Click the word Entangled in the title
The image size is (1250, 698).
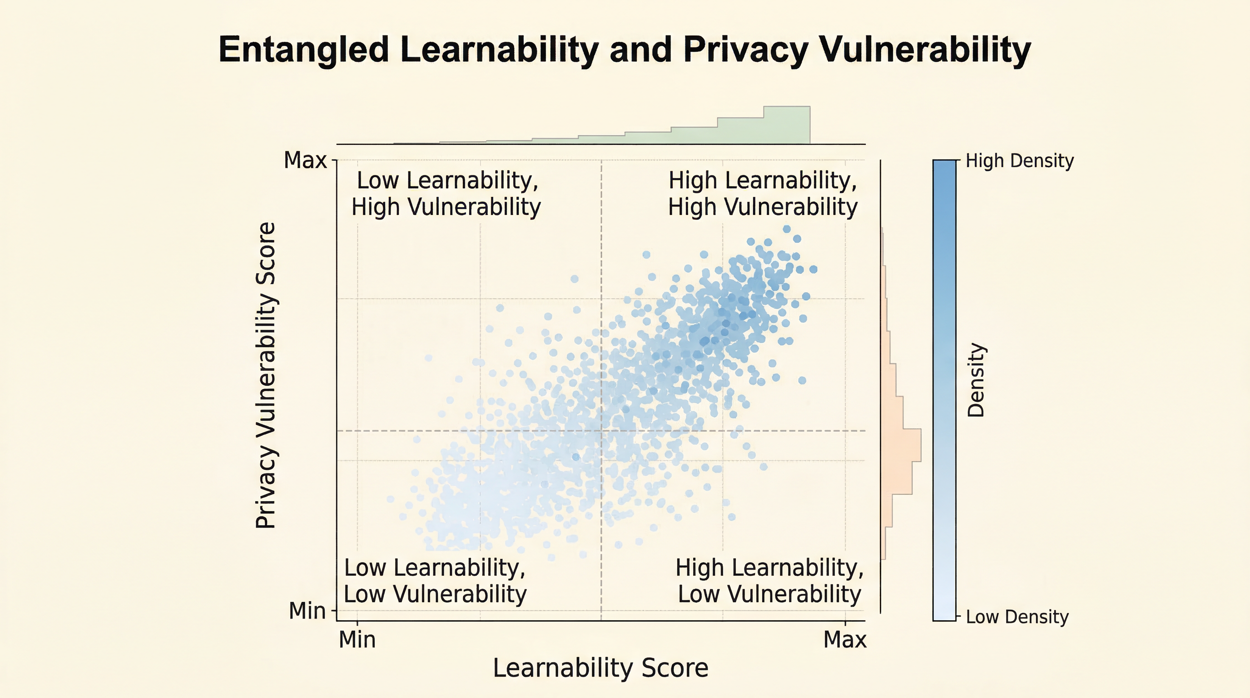[x=304, y=50]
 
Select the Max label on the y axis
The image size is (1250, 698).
[x=305, y=160]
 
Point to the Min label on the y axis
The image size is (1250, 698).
[x=307, y=611]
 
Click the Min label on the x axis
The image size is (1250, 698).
[x=357, y=640]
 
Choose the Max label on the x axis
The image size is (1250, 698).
[x=845, y=640]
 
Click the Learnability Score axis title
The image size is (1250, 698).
[x=601, y=668]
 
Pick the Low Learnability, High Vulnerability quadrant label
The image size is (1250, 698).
[x=446, y=194]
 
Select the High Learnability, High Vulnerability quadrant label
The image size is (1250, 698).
[x=763, y=194]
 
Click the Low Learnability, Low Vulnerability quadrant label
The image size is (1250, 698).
[x=435, y=581]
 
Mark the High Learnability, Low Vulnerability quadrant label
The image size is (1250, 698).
[x=769, y=581]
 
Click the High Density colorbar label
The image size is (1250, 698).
[x=1020, y=161]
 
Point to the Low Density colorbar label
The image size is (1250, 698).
[x=1017, y=617]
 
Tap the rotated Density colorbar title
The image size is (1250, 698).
[x=976, y=380]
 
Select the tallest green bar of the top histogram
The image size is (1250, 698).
[x=787, y=125]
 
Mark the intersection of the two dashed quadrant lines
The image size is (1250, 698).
[x=601, y=430]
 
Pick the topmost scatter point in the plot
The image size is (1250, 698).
[x=787, y=229]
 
